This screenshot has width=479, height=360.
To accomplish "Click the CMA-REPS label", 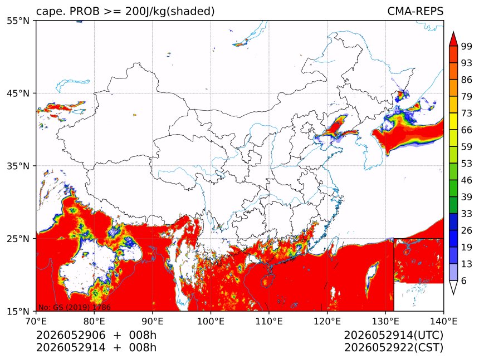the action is [415, 11].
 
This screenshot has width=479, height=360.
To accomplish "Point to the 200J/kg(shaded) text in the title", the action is [169, 12].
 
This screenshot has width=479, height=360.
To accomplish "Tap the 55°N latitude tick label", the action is [18, 21].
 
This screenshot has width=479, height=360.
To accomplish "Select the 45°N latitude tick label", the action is [18, 93].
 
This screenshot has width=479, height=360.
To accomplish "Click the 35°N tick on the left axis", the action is [18, 166].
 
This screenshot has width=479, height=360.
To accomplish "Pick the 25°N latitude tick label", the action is [18, 239].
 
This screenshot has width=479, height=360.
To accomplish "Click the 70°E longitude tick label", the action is [36, 321].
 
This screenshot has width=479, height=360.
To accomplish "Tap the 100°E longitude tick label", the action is [211, 321].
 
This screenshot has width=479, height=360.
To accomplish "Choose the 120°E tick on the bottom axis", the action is [327, 321].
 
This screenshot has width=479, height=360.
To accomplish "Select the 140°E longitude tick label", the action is [443, 321].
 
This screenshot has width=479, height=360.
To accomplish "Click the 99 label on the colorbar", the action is [467, 46].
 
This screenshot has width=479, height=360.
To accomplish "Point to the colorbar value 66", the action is [467, 130].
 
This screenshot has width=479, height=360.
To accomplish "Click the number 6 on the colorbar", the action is [464, 280].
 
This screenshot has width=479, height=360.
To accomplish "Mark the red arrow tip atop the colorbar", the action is [453, 32].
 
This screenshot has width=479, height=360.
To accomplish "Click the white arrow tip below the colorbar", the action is [453, 294].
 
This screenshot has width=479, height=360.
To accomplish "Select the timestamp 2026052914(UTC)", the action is [393, 336].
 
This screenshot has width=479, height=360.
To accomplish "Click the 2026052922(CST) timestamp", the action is [393, 348].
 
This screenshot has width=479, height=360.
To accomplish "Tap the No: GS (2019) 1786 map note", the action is [74, 307].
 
